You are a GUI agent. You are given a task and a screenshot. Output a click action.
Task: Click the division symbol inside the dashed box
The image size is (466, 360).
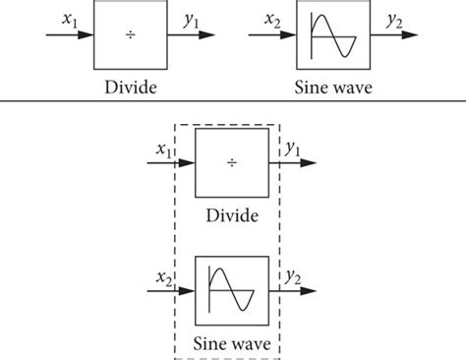pos(233,162)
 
